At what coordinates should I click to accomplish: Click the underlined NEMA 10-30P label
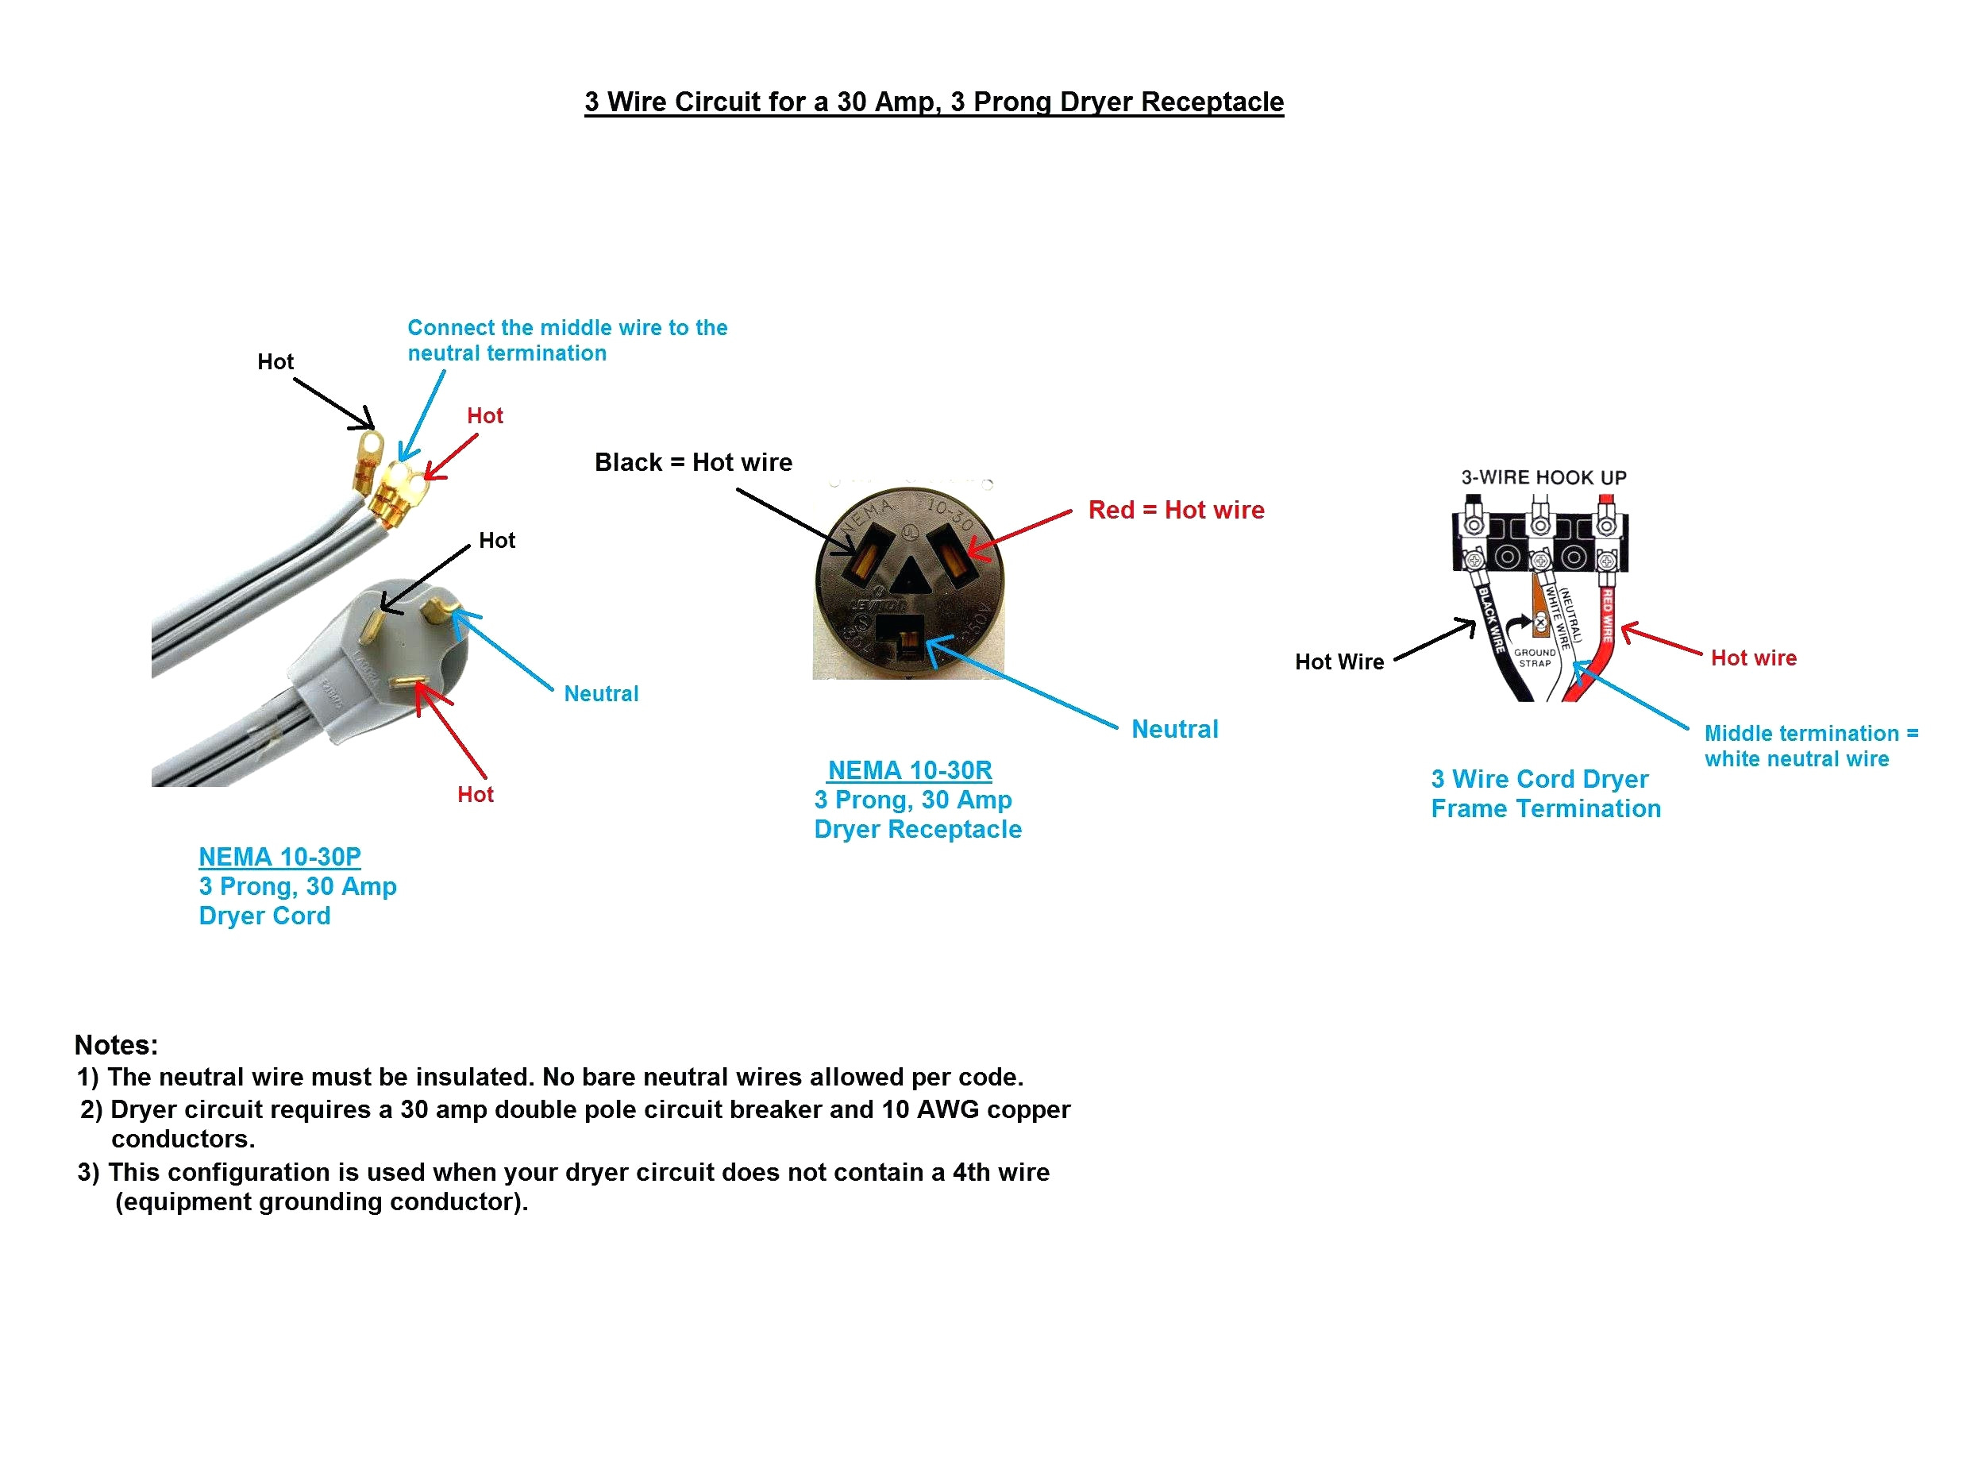point(279,857)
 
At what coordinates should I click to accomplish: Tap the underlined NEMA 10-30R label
point(909,770)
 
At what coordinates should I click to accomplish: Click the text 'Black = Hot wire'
point(692,462)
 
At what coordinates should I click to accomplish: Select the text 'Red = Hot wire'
point(1175,510)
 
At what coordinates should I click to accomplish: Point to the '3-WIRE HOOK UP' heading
point(1543,477)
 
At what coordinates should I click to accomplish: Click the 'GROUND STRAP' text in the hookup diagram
point(1535,657)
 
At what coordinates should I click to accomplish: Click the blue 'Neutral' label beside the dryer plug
point(601,693)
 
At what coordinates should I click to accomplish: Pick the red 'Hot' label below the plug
point(475,794)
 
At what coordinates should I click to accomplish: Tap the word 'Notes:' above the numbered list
point(116,1044)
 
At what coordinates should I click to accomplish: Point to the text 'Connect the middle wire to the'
point(567,328)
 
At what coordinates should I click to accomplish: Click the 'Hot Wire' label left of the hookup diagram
point(1339,661)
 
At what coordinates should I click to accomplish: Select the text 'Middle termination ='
point(1810,734)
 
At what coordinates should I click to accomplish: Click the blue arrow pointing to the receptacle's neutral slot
point(1023,684)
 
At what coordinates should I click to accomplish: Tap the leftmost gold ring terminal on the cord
point(367,444)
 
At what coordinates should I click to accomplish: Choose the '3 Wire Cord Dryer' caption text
point(1539,779)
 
